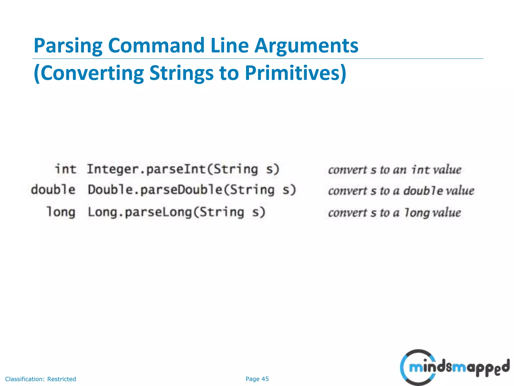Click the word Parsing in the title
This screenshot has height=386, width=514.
68,46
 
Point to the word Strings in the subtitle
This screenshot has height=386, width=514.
181,73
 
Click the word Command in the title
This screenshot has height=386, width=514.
156,46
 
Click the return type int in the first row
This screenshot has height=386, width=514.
66,169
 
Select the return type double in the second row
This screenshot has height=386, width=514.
53,189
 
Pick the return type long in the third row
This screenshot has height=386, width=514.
61,212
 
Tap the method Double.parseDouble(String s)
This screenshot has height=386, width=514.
192,190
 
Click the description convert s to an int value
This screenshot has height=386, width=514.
395,170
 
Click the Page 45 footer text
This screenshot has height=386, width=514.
257,379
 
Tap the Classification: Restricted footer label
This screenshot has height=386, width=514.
40,379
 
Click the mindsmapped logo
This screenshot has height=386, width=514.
454,367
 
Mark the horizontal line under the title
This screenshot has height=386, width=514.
258,59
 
